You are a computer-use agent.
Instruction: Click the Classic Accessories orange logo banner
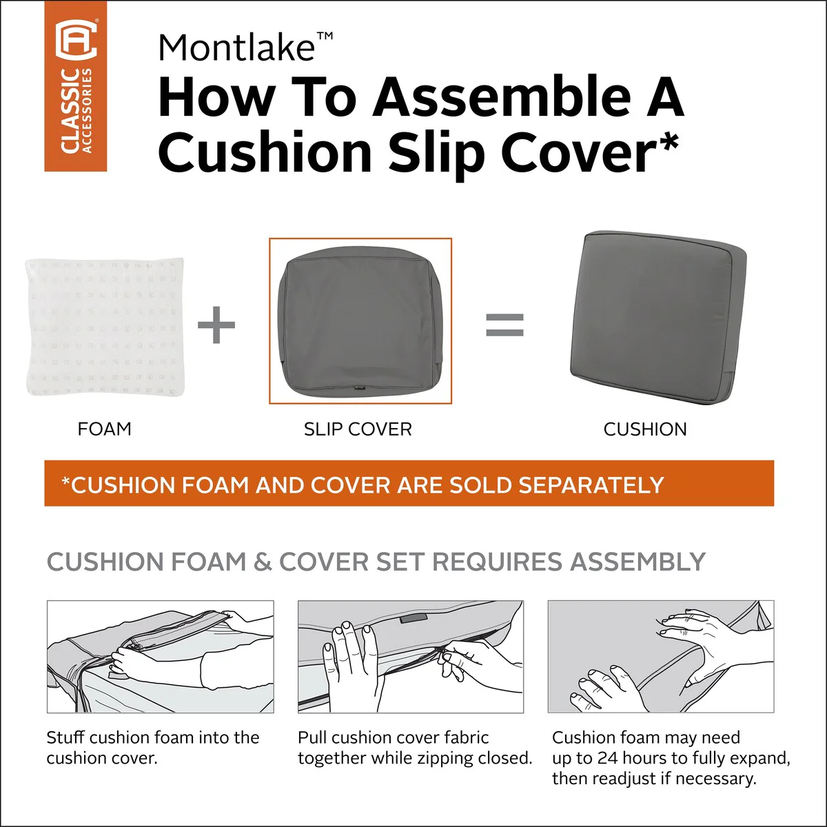[x=76, y=86]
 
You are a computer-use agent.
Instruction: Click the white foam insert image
[x=105, y=327]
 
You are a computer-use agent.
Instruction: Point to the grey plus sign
[x=216, y=325]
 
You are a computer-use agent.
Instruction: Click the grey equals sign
[x=504, y=325]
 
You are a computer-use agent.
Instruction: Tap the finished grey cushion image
[x=658, y=318]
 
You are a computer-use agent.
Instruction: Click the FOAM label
[x=104, y=429]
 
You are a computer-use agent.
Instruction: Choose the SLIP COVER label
[x=358, y=429]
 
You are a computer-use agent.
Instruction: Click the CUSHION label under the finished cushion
[x=645, y=429]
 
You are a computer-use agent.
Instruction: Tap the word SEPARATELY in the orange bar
[x=591, y=485]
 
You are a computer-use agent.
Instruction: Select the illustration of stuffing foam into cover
[x=160, y=657]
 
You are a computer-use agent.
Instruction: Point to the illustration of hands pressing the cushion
[x=661, y=657]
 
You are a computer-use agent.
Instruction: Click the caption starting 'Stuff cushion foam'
[x=153, y=748]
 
